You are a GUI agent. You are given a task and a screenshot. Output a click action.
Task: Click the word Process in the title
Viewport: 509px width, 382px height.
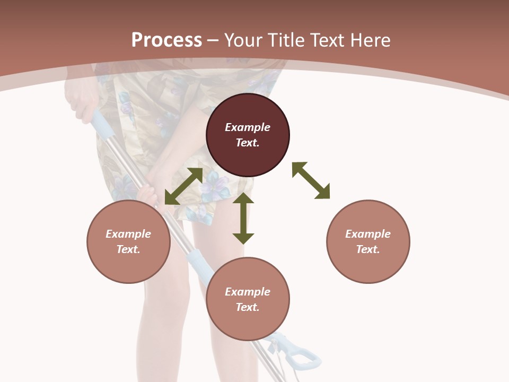(x=166, y=40)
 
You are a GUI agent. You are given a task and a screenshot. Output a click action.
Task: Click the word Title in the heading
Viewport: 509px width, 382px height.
(x=284, y=40)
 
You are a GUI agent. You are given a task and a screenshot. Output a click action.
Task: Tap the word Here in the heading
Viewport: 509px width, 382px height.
(x=370, y=40)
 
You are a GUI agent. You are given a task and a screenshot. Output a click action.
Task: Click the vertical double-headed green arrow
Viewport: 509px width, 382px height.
(x=243, y=218)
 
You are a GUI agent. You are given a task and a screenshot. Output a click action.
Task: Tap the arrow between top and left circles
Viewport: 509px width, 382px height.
(x=183, y=186)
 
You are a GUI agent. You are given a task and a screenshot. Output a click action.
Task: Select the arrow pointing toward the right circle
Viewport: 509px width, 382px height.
(x=311, y=180)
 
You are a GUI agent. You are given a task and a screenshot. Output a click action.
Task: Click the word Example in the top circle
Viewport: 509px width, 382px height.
(x=248, y=127)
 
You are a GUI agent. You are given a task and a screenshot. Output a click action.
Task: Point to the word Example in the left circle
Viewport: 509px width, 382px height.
(x=128, y=234)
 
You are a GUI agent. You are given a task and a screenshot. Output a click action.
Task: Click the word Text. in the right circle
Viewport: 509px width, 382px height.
(x=368, y=249)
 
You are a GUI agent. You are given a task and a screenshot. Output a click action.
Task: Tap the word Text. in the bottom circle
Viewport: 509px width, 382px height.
(x=248, y=307)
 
